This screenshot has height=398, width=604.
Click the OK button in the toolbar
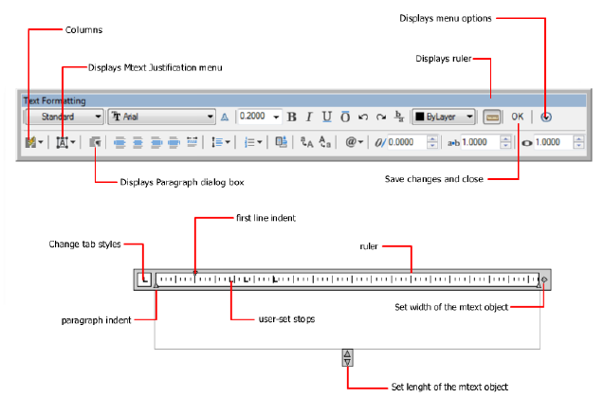[517, 117]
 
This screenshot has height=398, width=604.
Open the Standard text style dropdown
[63, 118]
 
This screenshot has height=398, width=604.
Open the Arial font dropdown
[163, 118]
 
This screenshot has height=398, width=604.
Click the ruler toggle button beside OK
[491, 118]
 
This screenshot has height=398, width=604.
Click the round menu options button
[547, 118]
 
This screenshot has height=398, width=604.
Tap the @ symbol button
[353, 142]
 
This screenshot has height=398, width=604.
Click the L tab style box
[144, 279]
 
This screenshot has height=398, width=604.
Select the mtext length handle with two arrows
[348, 356]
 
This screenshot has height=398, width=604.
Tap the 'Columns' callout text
[83, 30]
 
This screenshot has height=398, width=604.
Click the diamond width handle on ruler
[544, 279]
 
